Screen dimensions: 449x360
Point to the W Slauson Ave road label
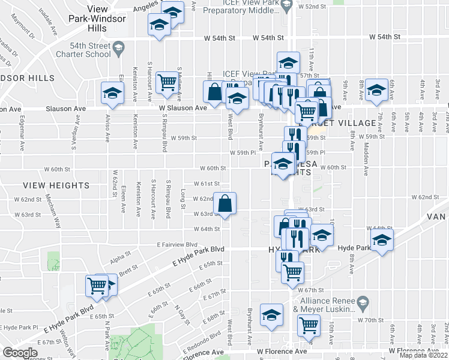tap(183, 107)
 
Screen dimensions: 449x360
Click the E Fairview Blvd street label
tap(177, 245)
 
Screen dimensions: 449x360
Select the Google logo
tap(20, 353)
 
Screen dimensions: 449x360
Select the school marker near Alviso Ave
tap(112, 92)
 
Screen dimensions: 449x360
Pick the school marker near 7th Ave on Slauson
tap(376, 90)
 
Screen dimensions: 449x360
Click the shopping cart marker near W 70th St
tap(309, 326)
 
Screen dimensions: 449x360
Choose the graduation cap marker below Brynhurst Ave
tap(271, 314)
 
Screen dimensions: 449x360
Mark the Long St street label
tap(183, 196)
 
